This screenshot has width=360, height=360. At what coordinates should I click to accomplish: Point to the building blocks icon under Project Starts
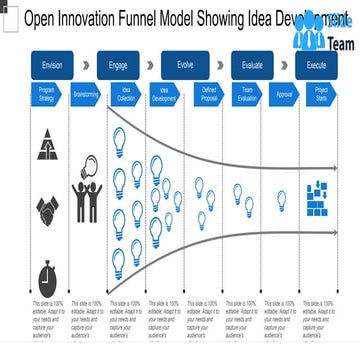click(320, 204)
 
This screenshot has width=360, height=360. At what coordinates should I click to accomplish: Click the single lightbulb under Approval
click(282, 200)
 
